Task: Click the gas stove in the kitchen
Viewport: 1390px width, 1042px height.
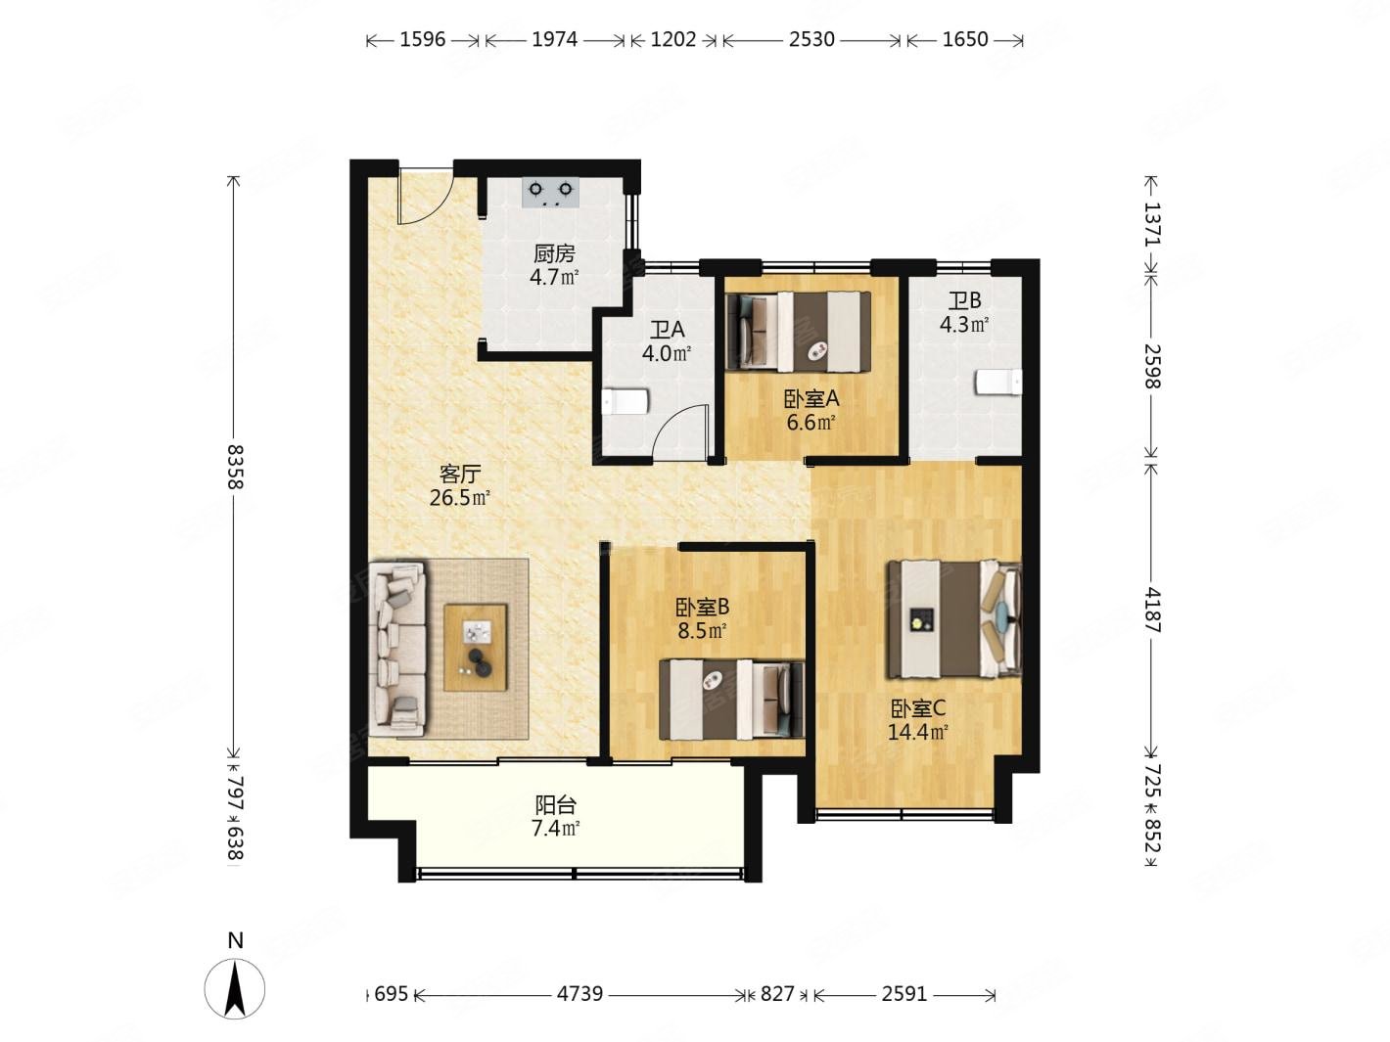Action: click(x=550, y=192)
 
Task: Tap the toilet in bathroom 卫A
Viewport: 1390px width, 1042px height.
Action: click(x=625, y=401)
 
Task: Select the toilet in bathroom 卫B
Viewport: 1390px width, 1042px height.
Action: click(x=998, y=383)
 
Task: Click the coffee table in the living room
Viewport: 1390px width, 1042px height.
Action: click(x=476, y=648)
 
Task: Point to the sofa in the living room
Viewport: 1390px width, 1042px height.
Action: click(x=398, y=649)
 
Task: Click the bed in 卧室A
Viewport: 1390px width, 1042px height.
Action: click(x=799, y=331)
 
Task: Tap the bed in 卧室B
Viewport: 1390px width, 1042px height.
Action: click(x=731, y=700)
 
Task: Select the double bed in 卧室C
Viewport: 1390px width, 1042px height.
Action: click(x=954, y=618)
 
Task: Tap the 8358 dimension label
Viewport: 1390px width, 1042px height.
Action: click(x=235, y=467)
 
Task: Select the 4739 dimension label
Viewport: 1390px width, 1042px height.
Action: click(x=579, y=993)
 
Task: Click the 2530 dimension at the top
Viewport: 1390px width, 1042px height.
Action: click(x=811, y=40)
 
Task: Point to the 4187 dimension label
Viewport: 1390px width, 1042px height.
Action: click(x=1152, y=610)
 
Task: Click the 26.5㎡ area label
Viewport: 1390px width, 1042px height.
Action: click(x=460, y=498)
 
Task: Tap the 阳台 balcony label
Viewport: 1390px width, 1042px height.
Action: click(x=555, y=805)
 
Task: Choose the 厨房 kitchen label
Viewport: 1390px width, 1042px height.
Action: click(x=554, y=253)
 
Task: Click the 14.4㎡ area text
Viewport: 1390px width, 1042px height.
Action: click(x=917, y=733)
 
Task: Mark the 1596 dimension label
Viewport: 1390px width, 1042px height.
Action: click(x=422, y=40)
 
